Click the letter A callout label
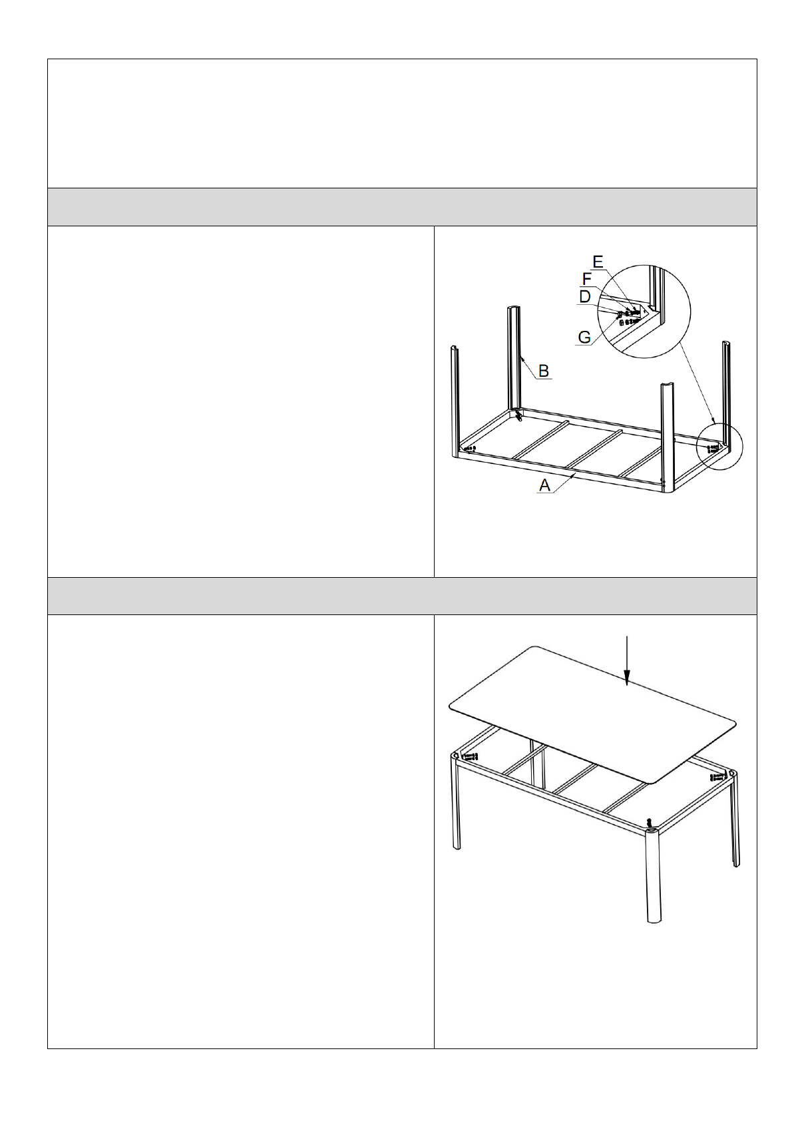[x=544, y=485]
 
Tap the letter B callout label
[x=543, y=371]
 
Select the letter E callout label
[x=598, y=261]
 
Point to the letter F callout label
[x=588, y=279]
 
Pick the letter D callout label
[x=584, y=297]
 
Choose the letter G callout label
[x=584, y=337]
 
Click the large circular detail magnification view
[x=644, y=312]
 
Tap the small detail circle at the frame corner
[x=719, y=447]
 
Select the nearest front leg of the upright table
[x=652, y=875]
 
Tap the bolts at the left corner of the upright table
[x=469, y=756]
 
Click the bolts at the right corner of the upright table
[x=717, y=777]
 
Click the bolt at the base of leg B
[x=518, y=415]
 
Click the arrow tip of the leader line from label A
[x=574, y=476]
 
